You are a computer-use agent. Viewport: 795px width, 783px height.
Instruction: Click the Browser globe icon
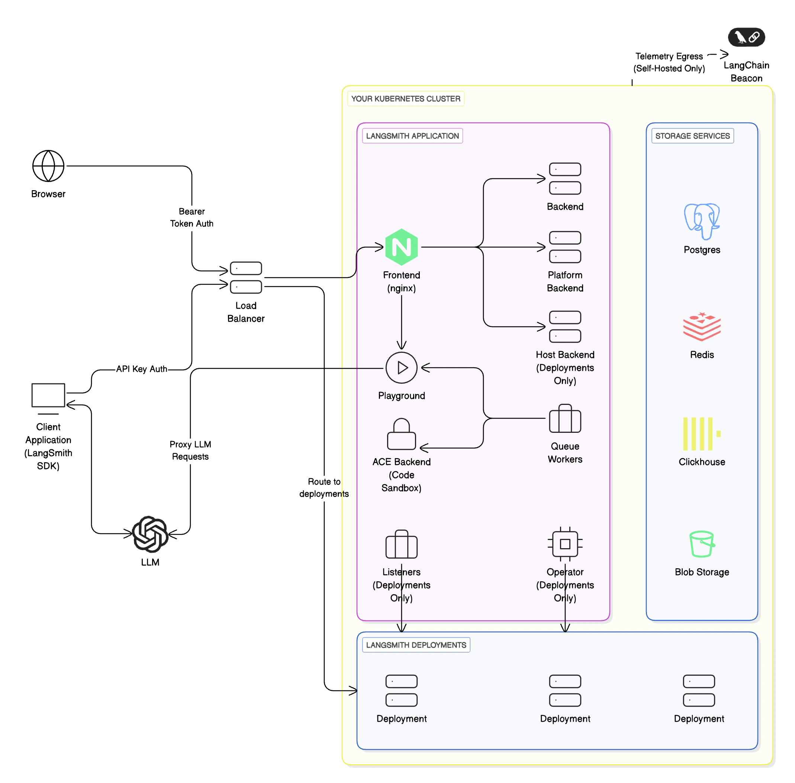pos(48,166)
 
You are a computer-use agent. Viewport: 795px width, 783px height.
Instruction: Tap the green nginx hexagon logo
pos(401,247)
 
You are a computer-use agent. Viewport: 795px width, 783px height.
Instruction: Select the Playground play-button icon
pos(401,367)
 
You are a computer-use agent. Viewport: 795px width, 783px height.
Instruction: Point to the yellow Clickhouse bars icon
pos(701,434)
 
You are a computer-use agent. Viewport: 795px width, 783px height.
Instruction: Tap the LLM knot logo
pos(150,534)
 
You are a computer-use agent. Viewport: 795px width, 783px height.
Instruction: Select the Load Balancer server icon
pos(246,277)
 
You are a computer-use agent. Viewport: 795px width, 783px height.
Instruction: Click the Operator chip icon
pos(564,544)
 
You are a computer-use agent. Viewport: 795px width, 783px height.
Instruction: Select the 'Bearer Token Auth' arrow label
pos(191,217)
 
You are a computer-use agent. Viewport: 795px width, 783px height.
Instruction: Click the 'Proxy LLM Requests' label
pos(190,450)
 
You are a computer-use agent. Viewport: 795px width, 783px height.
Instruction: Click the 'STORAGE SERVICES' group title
pos(692,136)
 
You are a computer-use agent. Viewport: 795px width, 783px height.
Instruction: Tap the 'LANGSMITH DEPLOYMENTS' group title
pos(416,645)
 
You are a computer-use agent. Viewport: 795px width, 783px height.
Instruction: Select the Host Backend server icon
pos(564,326)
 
